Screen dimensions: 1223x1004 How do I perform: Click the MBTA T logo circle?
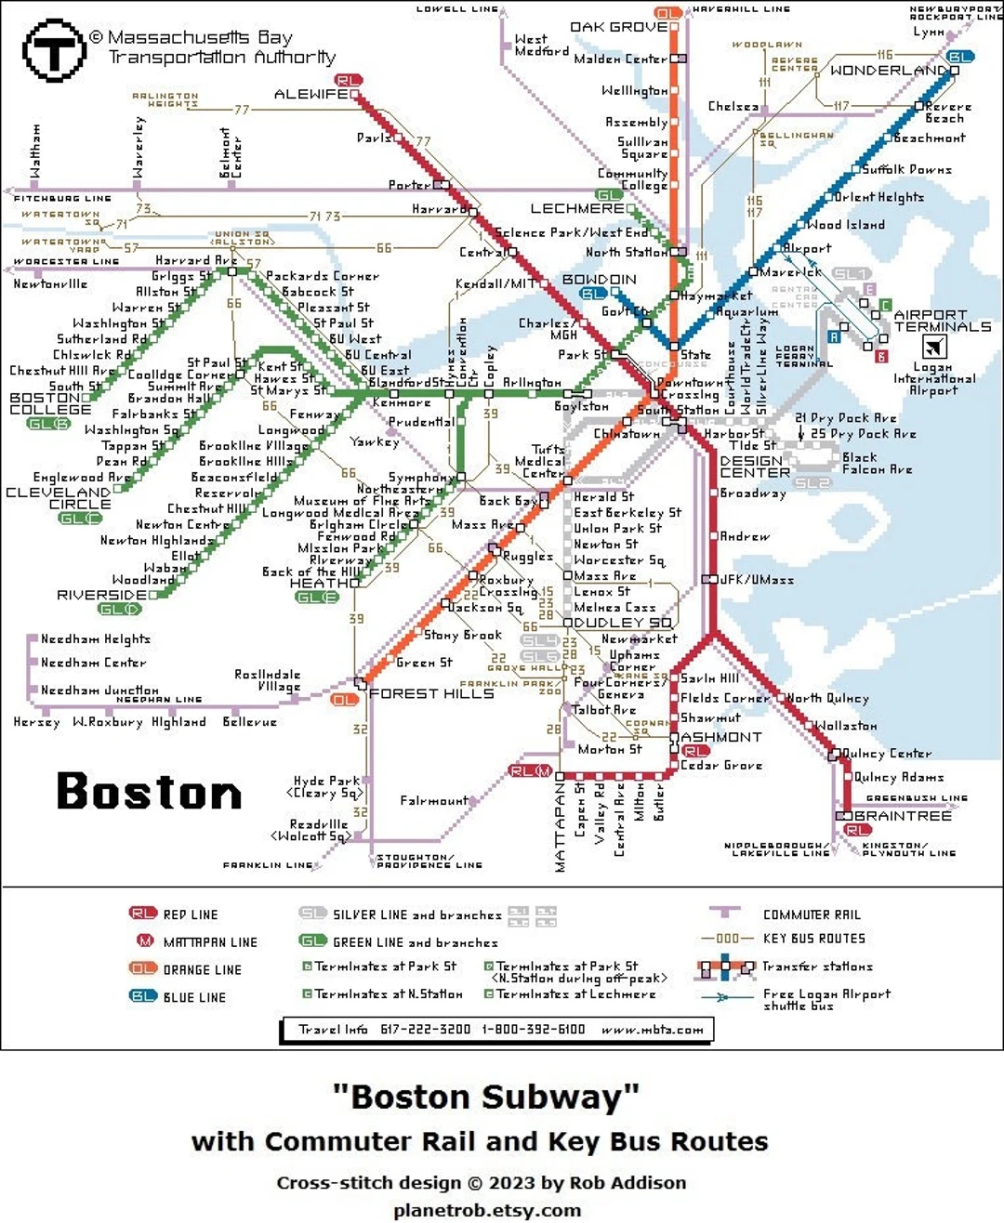54,51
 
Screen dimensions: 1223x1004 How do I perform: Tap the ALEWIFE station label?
310,95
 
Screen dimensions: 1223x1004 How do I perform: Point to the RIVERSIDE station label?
101,595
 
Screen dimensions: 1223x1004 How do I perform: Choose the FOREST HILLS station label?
431,693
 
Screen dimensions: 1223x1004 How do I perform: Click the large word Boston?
149,792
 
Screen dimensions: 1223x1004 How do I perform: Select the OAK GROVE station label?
618,27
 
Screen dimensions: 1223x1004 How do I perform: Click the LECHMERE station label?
576,209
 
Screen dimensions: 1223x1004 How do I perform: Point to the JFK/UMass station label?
757,580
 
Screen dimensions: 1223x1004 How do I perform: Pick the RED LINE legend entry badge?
143,914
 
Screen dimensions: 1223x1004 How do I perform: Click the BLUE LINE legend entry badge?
143,996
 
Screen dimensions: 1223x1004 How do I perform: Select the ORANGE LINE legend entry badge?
143,968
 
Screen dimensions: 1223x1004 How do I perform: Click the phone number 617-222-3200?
425,1030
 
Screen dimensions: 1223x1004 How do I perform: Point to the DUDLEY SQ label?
623,623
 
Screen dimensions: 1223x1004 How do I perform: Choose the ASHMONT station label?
721,737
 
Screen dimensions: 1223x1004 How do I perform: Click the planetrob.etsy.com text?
487,1210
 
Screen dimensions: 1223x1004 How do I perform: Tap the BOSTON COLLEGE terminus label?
50,403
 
